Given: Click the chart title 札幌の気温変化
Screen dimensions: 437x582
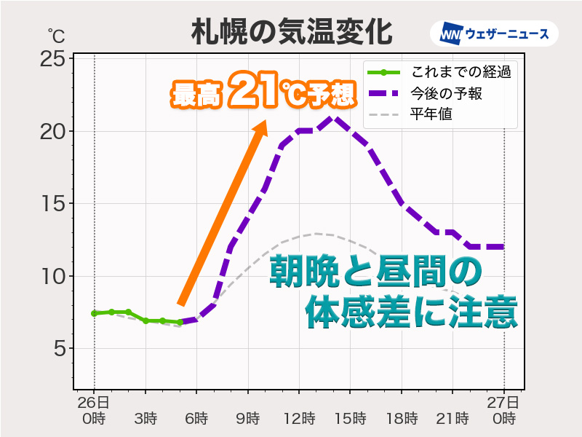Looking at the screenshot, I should pos(291,33).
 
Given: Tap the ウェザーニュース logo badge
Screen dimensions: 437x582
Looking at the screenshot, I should pos(494,34).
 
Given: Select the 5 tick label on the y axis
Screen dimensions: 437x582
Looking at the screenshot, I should pos(57,350).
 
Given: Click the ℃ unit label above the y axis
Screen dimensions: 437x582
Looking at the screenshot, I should pos(56,34).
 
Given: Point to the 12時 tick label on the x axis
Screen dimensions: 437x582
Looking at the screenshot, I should pos(299,419).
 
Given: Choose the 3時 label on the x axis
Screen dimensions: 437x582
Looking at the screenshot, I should pos(145,419).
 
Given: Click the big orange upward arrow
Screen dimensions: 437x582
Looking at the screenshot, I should pos(222,215).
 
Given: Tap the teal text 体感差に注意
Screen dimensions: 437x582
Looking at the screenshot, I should pos(411,312).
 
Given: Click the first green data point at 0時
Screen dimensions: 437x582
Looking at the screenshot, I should pos(94,313).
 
